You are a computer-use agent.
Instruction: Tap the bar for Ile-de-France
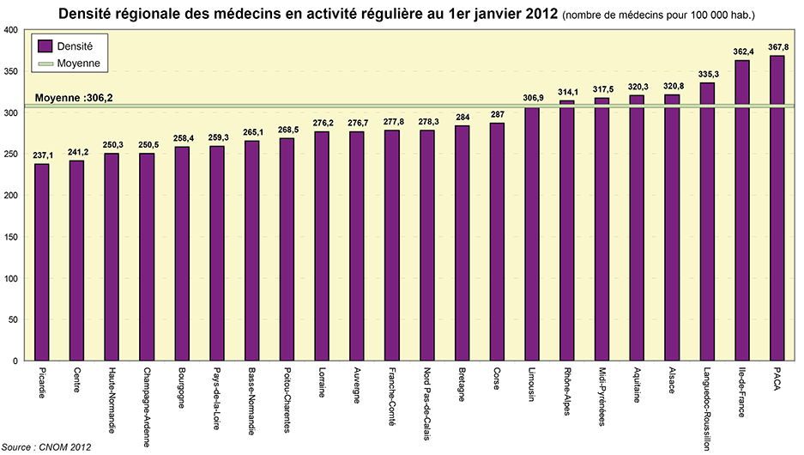click(742, 210)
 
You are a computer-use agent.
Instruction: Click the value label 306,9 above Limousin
click(533, 99)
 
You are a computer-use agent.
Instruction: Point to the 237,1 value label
click(42, 155)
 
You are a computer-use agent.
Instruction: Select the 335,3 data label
click(708, 75)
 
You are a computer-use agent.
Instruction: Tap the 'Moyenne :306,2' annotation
click(74, 99)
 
